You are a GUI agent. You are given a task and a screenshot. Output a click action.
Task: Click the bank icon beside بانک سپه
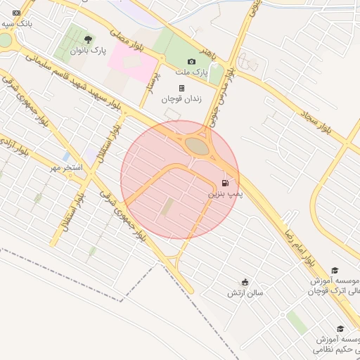coord(17,13)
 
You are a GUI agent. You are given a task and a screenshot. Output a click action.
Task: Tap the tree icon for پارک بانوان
coord(88,39)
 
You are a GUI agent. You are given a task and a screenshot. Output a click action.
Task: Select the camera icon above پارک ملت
coord(192,62)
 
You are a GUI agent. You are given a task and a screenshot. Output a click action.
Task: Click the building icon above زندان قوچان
coord(182,89)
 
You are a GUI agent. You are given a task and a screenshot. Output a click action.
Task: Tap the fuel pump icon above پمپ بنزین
coord(225,182)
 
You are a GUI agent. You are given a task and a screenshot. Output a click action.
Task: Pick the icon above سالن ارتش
coord(245,282)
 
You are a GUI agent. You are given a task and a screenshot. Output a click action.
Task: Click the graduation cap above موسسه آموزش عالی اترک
coord(335,271)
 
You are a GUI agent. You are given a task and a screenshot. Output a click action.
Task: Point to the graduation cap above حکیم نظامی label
coord(340,329)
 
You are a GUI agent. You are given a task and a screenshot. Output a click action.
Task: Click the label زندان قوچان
coord(182,99)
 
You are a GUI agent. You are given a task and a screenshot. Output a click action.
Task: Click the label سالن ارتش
coord(245,292)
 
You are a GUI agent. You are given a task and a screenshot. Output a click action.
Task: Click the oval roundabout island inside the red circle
coord(198,146)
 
